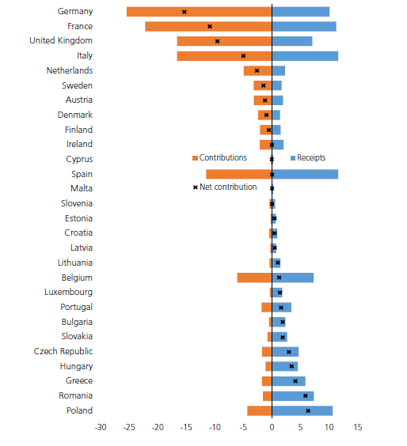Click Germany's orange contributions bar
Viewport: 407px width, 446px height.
(x=199, y=12)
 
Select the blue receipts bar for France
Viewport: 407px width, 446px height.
(x=304, y=26)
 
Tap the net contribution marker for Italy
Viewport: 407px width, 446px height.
(x=243, y=56)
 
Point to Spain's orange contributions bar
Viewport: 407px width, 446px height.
(x=238, y=174)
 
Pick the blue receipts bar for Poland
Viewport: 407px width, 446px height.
(x=302, y=411)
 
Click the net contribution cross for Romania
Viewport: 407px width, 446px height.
(x=306, y=396)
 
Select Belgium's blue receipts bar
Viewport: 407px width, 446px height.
(x=293, y=278)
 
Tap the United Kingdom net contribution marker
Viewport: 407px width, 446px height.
(x=217, y=41)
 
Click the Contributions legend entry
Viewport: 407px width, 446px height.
(x=219, y=158)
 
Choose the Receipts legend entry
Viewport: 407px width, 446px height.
(x=308, y=158)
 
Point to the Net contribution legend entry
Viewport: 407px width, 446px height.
(x=225, y=187)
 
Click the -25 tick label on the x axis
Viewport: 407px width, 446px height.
(x=129, y=427)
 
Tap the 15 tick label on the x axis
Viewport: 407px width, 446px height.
(x=358, y=427)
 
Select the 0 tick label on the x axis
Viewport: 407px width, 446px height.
(x=272, y=427)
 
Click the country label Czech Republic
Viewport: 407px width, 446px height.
(x=63, y=352)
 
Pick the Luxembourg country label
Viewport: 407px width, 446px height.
(x=68, y=293)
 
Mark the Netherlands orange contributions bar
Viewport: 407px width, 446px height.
(x=258, y=71)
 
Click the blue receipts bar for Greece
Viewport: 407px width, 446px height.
(x=289, y=381)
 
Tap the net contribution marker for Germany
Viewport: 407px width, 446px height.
(x=184, y=12)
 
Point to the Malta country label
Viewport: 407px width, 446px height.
(x=82, y=188)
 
